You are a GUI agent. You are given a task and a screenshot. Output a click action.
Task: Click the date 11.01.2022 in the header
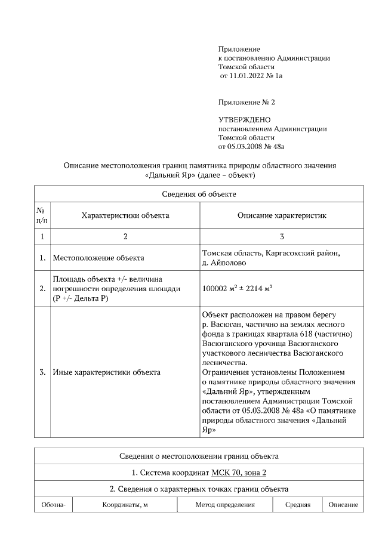247,76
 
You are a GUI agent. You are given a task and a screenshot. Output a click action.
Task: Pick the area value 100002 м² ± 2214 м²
238,288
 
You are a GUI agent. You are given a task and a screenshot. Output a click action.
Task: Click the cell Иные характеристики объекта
106,372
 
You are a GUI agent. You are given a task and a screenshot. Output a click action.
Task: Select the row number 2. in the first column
42,288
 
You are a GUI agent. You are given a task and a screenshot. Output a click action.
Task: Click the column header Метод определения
225,505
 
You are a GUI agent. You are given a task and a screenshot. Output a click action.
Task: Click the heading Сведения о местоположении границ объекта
199,456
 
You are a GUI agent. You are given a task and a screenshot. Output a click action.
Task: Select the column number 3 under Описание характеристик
282,236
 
